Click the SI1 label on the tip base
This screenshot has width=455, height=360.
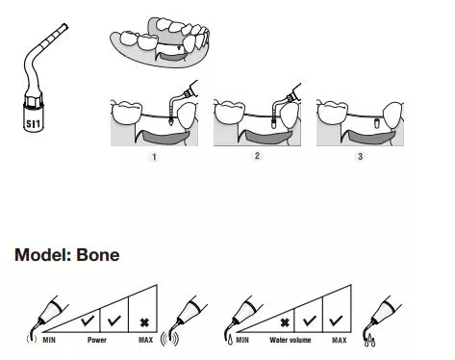pyautogui.click(x=34, y=123)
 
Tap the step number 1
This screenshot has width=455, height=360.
pyautogui.click(x=154, y=157)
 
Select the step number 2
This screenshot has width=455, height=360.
pyautogui.click(x=257, y=156)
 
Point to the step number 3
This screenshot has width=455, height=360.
pyautogui.click(x=360, y=156)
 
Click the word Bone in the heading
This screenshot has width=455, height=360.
pyautogui.click(x=98, y=255)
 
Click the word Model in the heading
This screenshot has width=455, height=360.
pyautogui.click(x=42, y=255)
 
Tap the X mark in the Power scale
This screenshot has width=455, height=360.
pyautogui.click(x=144, y=322)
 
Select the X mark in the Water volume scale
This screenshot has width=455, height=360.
pyautogui.click(x=285, y=322)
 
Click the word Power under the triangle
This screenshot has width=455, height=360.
pyautogui.click(x=97, y=340)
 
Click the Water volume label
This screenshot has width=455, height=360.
pyautogui.click(x=291, y=340)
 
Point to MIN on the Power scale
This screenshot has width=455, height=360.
pyautogui.click(x=49, y=340)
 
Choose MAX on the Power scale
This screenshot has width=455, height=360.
pyautogui.click(x=145, y=340)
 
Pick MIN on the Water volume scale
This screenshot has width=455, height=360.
pyautogui.click(x=242, y=340)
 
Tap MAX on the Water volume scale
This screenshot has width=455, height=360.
pyautogui.click(x=340, y=340)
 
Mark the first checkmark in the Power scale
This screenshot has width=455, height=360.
pyautogui.click(x=88, y=321)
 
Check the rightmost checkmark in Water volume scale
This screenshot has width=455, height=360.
pyautogui.click(x=336, y=321)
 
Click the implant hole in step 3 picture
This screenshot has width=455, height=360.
pyautogui.click(x=377, y=122)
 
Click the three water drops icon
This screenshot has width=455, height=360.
pyautogui.click(x=369, y=341)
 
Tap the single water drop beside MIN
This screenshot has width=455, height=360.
pyautogui.click(x=230, y=340)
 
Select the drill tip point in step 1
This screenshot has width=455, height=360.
pyautogui.click(x=170, y=123)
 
